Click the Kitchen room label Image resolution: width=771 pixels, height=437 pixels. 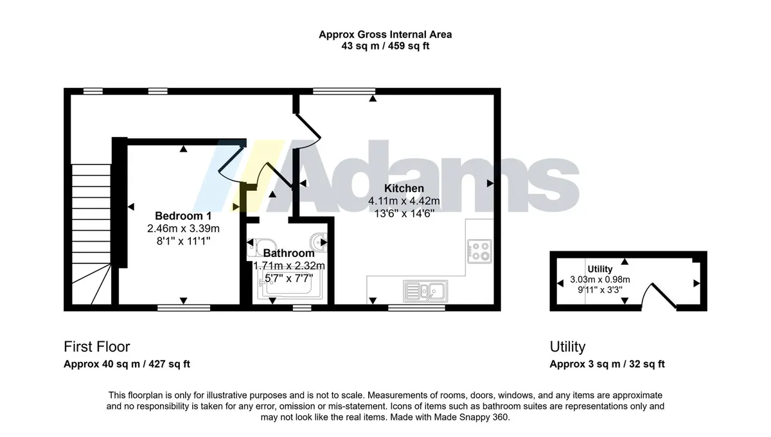[x=403, y=188]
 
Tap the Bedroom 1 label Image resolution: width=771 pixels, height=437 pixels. [x=183, y=216]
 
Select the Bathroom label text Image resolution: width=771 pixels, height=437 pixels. [x=288, y=253]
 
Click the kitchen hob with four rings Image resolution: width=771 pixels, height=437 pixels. [x=479, y=251]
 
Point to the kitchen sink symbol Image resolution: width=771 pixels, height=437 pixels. [x=425, y=291]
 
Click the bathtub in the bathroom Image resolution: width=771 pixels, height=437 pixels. [x=290, y=283]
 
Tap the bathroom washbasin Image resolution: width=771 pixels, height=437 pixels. [x=319, y=242]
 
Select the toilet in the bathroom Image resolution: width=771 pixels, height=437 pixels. [x=261, y=247]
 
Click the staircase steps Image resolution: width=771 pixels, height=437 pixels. [x=91, y=234]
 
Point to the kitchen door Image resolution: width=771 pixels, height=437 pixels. [x=307, y=132]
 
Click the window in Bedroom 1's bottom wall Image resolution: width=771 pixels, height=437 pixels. [x=184, y=308]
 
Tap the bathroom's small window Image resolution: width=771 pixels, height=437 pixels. [x=302, y=308]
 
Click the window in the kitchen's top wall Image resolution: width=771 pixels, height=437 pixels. [x=344, y=91]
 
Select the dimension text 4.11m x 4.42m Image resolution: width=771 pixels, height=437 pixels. [x=403, y=201]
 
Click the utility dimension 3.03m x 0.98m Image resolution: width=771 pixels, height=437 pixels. [x=600, y=280]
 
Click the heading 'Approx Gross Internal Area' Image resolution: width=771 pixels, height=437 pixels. [x=385, y=35]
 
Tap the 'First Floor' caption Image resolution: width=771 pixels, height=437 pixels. [x=97, y=346]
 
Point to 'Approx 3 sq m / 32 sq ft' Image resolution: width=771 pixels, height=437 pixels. [x=607, y=364]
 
